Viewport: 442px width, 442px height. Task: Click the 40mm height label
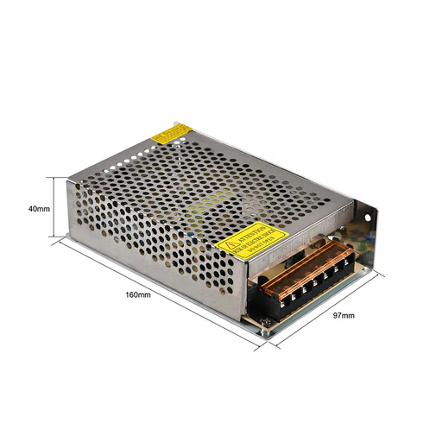point(39,208)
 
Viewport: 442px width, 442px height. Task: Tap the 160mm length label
point(138,295)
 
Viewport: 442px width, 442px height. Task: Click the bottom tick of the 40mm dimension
point(59,239)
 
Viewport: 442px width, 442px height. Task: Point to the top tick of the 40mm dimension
point(59,177)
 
